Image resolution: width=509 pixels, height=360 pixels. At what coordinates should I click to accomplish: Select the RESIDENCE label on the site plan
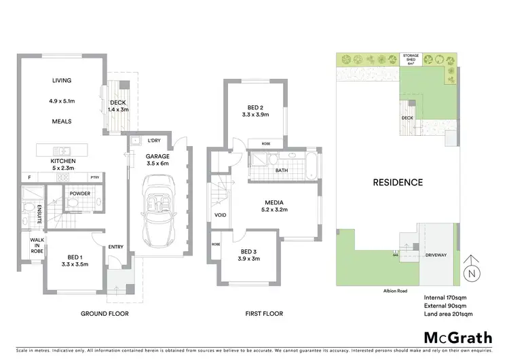point(398,182)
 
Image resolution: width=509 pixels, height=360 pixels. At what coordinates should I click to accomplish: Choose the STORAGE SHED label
point(411,58)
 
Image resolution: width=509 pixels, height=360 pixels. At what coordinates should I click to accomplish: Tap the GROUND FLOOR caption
point(105,314)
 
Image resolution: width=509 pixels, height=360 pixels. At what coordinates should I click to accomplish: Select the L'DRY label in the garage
point(155,141)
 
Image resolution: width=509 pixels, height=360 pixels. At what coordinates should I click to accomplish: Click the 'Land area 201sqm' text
point(448,314)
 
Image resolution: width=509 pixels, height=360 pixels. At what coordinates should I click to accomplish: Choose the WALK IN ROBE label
point(37,246)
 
